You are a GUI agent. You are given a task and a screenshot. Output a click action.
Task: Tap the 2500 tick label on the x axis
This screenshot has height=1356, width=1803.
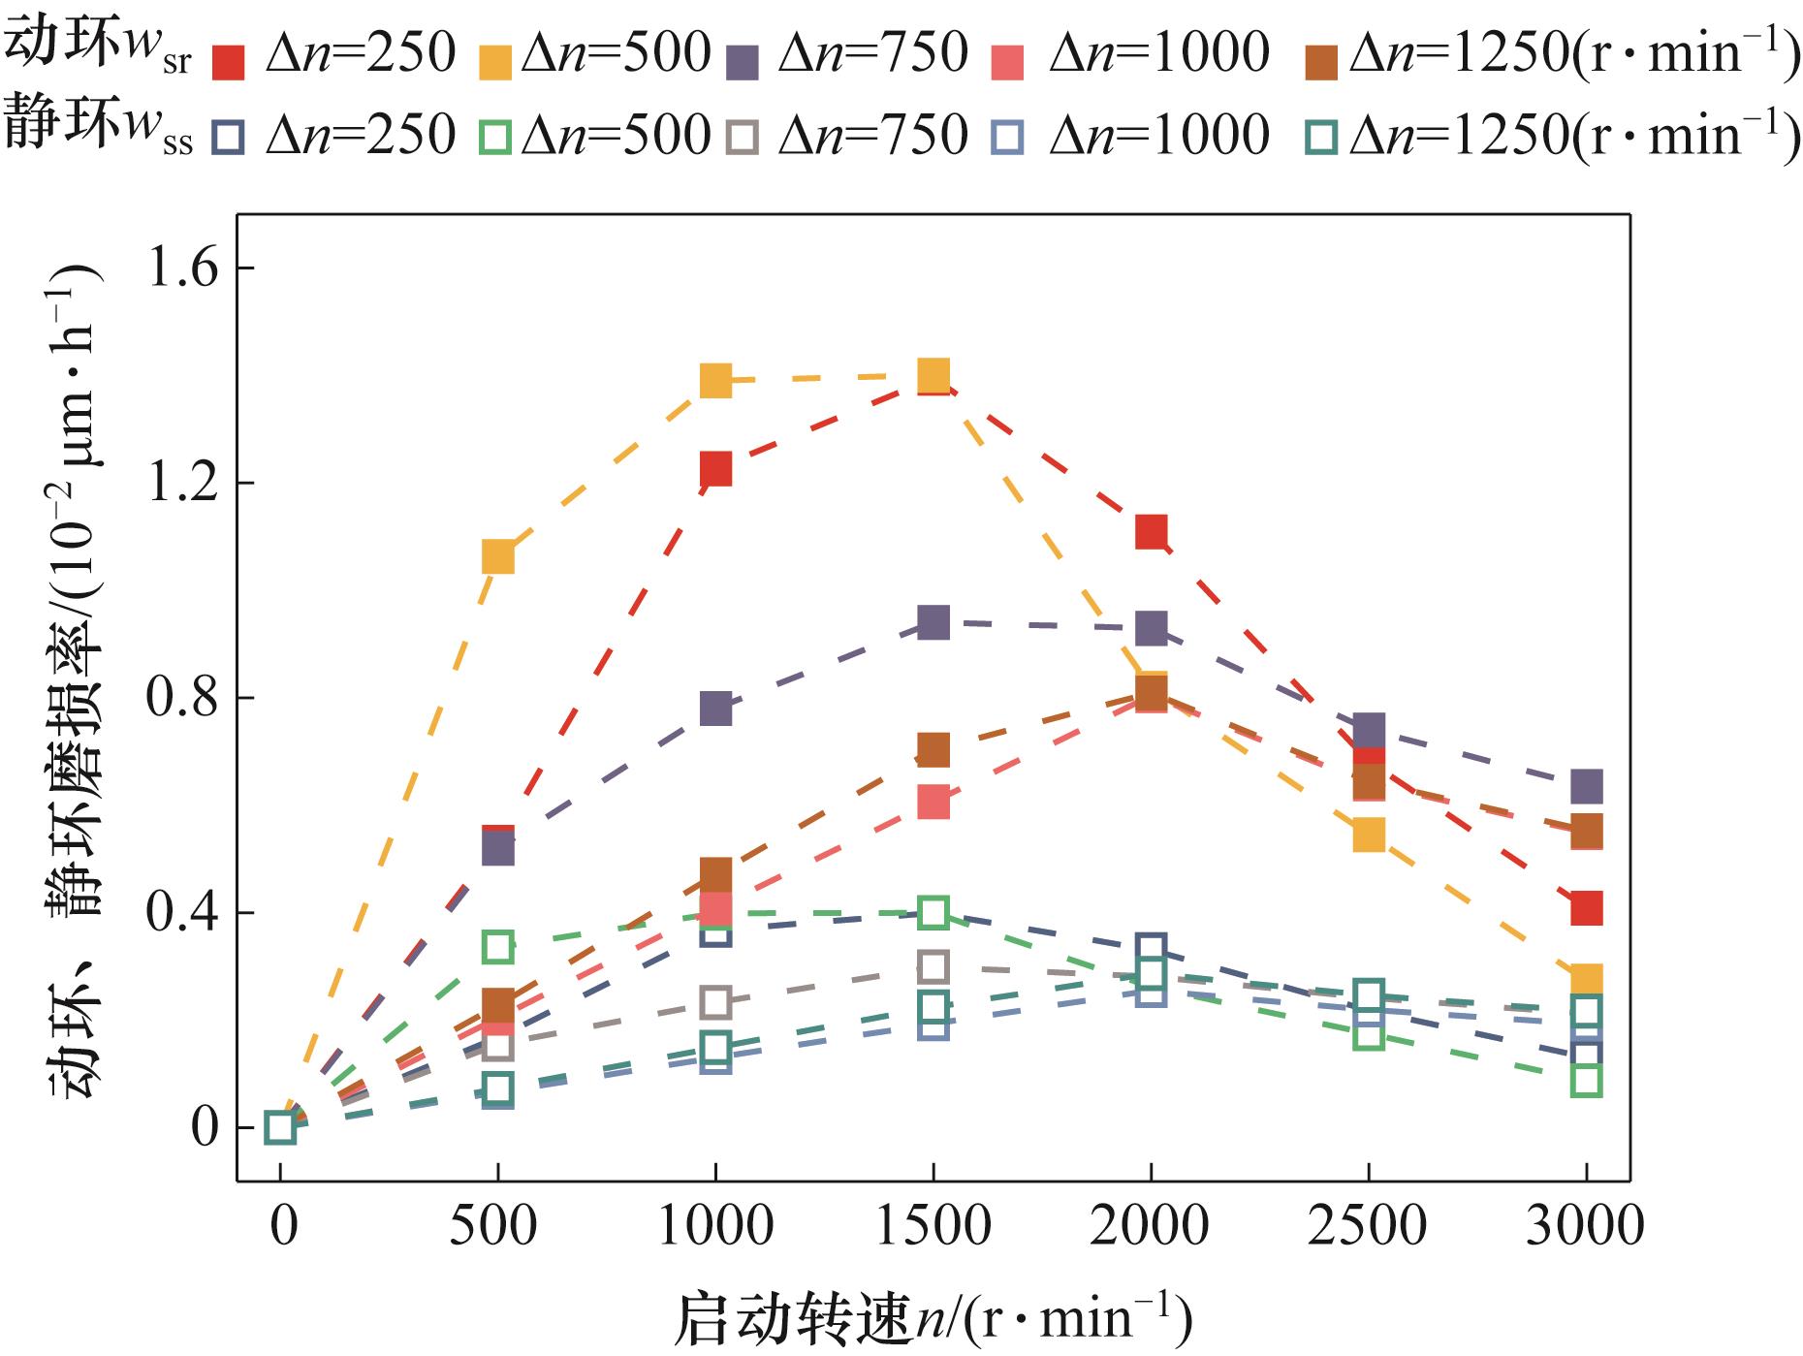[x=1367, y=1226]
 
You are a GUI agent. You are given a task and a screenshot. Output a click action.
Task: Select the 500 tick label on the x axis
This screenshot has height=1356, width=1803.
[x=496, y=1226]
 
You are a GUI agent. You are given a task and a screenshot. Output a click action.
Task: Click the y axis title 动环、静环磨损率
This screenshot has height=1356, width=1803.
[x=73, y=678]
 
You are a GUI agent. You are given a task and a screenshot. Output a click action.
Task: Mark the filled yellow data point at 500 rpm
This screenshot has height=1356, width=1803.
[x=497, y=557]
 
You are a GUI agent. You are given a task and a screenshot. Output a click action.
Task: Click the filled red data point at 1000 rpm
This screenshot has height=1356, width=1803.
[x=715, y=469]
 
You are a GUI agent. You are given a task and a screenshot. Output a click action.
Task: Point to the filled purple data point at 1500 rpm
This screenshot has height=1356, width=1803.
[x=933, y=623]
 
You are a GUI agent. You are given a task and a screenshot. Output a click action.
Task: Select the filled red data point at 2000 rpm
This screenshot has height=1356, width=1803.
[x=1151, y=532]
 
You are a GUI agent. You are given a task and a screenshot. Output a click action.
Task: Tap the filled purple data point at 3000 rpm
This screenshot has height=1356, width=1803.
[x=1586, y=786]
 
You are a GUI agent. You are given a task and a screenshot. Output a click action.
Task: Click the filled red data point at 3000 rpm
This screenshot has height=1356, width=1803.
[x=1586, y=909]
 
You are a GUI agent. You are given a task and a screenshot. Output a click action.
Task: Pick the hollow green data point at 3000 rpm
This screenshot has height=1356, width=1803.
[x=1586, y=1080]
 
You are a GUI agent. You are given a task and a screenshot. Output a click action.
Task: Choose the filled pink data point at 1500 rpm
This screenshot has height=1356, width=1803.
[x=933, y=803]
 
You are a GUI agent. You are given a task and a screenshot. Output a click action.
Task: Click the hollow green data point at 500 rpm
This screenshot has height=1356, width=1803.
[x=497, y=946]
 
